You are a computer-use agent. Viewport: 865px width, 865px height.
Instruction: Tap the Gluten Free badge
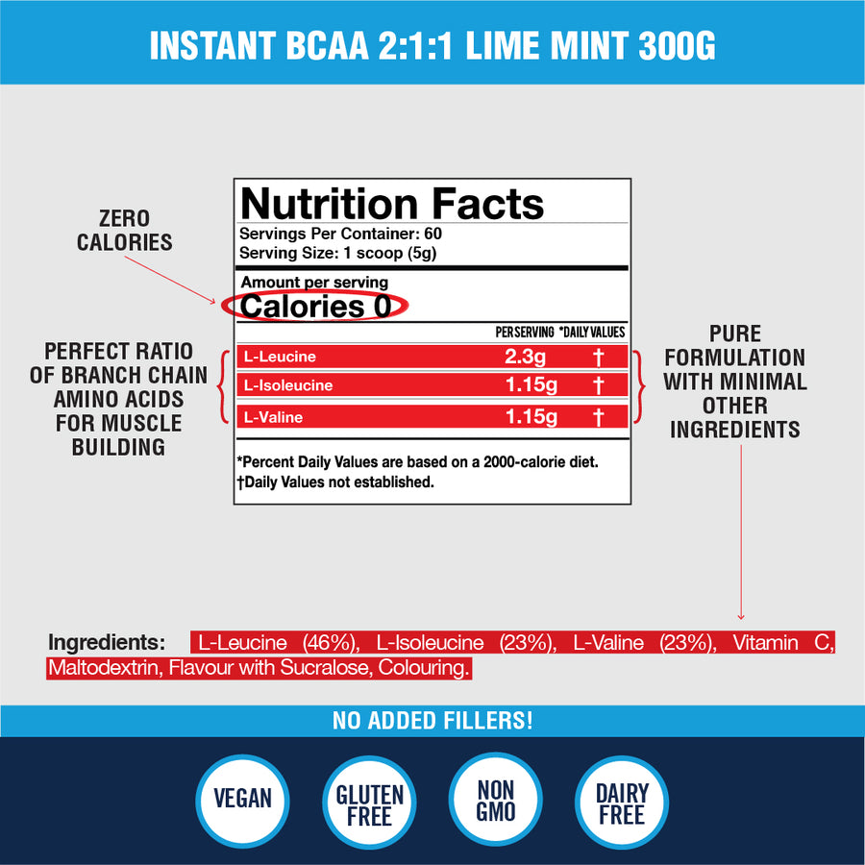(370, 804)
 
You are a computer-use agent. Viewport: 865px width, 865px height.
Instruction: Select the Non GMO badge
(496, 799)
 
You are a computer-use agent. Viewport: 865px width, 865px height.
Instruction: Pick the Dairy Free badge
(622, 804)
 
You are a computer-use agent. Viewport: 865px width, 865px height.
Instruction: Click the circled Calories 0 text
(315, 307)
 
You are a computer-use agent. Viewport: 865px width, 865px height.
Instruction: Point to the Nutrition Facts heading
(392, 204)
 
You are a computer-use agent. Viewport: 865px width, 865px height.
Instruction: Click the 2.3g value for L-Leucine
(524, 357)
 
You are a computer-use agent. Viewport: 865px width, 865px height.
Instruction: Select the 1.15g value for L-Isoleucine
(530, 385)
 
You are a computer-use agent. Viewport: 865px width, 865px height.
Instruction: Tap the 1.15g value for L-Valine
(530, 416)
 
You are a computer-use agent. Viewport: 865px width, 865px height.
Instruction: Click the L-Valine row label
(273, 416)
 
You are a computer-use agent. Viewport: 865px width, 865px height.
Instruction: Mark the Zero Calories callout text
(125, 231)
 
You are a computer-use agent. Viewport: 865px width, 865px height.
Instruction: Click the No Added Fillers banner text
(432, 720)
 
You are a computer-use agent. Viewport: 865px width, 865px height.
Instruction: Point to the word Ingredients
(107, 642)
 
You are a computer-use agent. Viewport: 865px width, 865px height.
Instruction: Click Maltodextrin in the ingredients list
(103, 667)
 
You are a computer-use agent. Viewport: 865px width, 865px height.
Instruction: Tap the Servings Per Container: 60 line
(340, 234)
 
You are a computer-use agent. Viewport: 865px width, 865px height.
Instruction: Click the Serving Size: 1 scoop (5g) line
(337, 252)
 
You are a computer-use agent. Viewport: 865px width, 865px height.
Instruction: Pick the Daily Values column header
(592, 332)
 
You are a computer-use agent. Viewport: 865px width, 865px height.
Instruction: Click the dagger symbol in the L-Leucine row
(598, 358)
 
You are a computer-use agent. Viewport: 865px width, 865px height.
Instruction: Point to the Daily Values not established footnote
(335, 482)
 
